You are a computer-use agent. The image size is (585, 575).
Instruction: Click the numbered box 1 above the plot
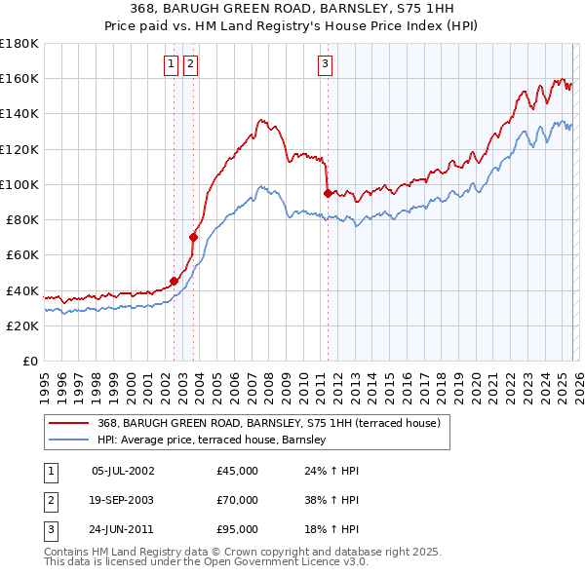click(x=172, y=64)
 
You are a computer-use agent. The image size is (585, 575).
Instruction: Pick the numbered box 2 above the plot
click(x=190, y=64)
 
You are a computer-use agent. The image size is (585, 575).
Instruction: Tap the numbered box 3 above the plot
click(x=325, y=64)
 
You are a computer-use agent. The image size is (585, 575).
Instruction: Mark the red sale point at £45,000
click(x=174, y=282)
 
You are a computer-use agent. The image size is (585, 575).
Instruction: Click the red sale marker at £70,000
click(x=194, y=237)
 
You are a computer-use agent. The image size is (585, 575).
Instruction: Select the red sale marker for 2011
click(x=328, y=193)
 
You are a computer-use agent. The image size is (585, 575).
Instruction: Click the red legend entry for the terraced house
click(x=269, y=423)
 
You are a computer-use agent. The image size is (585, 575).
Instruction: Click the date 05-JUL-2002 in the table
click(x=122, y=471)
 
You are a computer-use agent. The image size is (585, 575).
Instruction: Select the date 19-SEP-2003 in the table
click(x=122, y=500)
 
